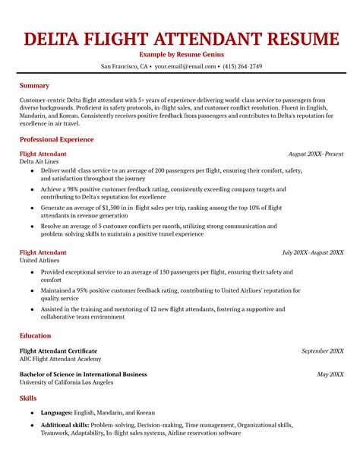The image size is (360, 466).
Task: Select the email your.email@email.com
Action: pyautogui.click(x=185, y=66)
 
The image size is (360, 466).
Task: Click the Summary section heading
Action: pyautogui.click(x=34, y=86)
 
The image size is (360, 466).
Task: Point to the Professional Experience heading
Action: pyautogui.click(x=56, y=140)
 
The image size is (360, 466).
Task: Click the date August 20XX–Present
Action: pyautogui.click(x=316, y=154)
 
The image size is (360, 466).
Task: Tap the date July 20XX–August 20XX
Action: pyautogui.click(x=312, y=252)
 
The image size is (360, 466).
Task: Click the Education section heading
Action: pyautogui.click(x=36, y=335)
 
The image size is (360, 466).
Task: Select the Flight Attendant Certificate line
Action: pyautogui.click(x=58, y=350)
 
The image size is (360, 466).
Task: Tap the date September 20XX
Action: pyautogui.click(x=322, y=351)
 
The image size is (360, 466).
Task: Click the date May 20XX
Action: pyautogui.click(x=330, y=374)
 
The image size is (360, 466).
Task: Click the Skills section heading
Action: pyautogui.click(x=29, y=398)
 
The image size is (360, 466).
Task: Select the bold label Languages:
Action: pyautogui.click(x=57, y=414)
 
